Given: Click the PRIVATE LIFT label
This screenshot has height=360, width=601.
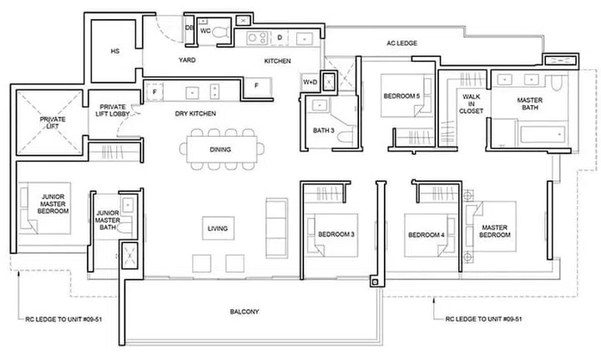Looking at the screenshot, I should click(52, 124).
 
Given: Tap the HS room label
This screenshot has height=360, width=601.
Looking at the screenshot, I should click(115, 52).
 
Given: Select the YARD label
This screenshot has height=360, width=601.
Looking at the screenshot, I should click(187, 62).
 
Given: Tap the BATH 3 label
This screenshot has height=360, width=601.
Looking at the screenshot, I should click(324, 130).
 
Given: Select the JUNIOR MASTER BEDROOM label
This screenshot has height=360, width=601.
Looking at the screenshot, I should click(53, 203).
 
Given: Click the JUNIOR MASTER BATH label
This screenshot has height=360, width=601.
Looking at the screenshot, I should click(108, 220).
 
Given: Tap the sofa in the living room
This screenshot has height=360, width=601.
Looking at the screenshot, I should click(273, 220).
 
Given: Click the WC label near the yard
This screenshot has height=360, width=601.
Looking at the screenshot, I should click(205, 30).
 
